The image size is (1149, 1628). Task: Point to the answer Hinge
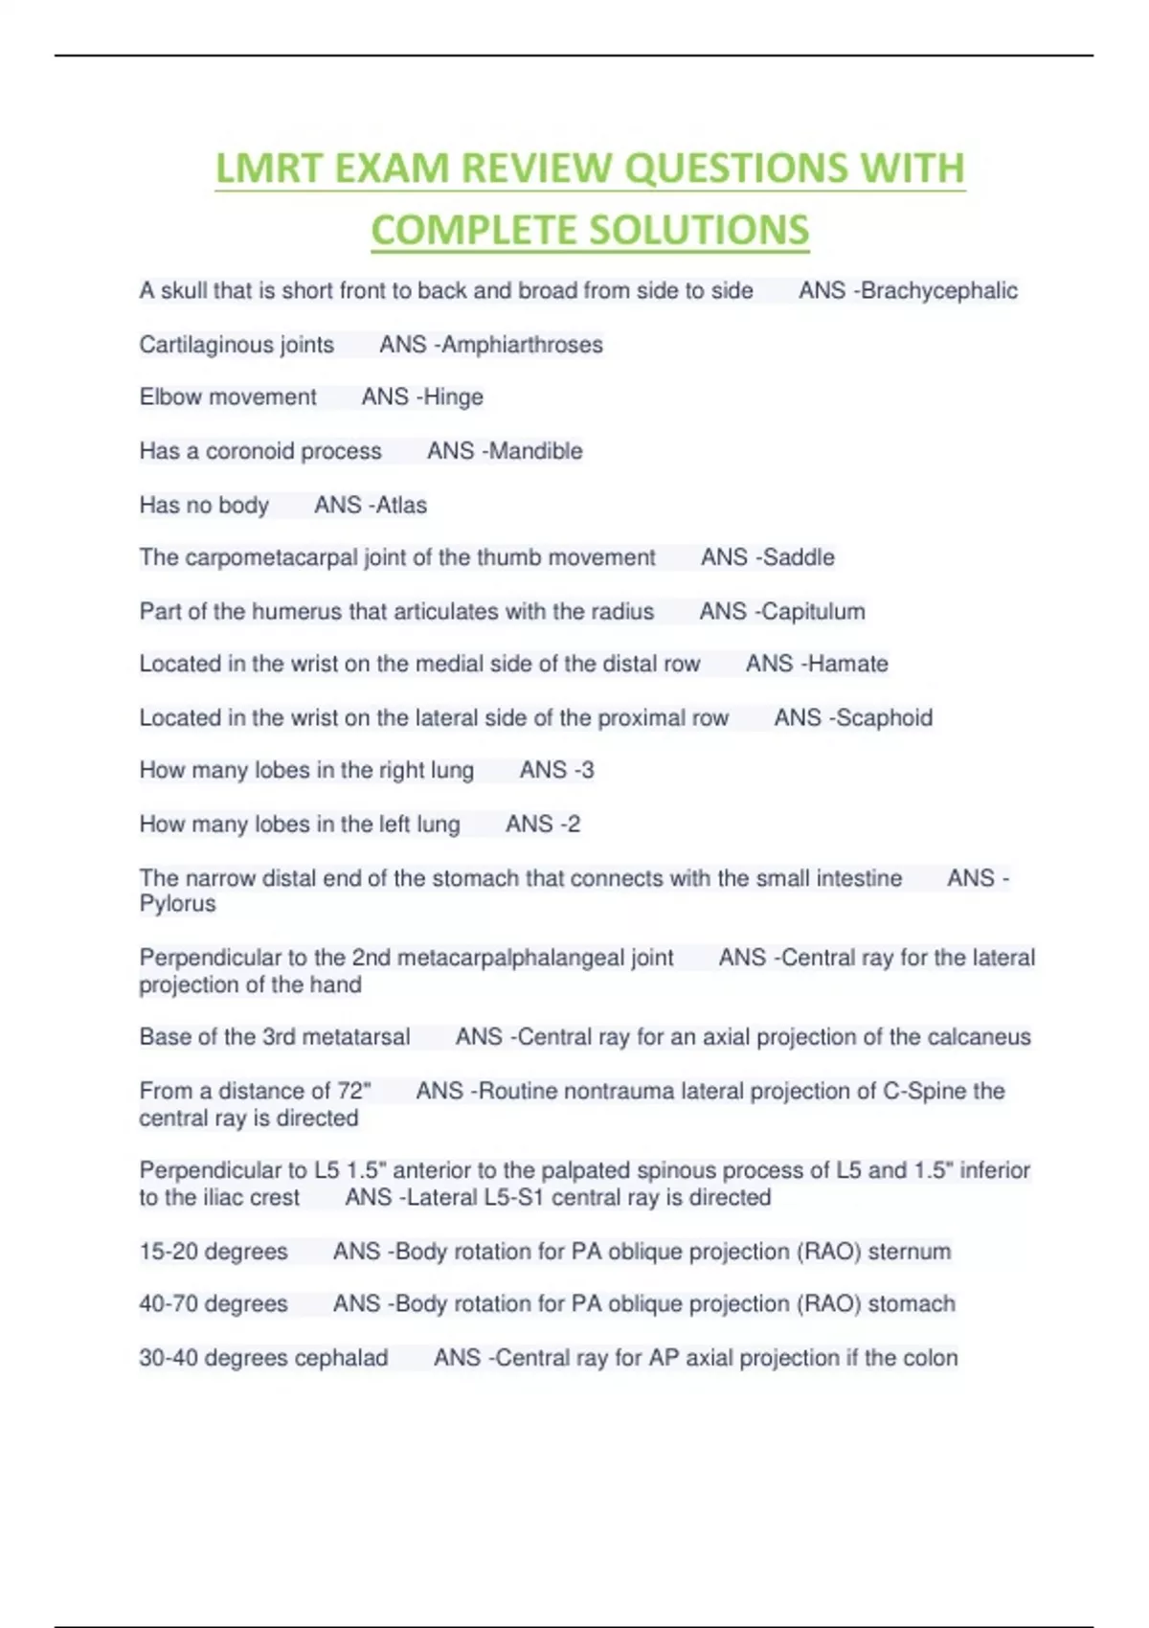(x=453, y=397)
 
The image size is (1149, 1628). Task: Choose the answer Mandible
(x=535, y=451)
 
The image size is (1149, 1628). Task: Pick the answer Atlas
(x=401, y=505)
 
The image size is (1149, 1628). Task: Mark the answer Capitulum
(x=813, y=611)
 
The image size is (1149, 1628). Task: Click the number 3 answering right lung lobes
(x=585, y=770)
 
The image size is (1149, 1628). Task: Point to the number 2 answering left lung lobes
(x=572, y=824)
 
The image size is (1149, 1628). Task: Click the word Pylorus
(x=177, y=904)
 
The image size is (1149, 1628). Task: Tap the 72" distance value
(x=353, y=1091)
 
